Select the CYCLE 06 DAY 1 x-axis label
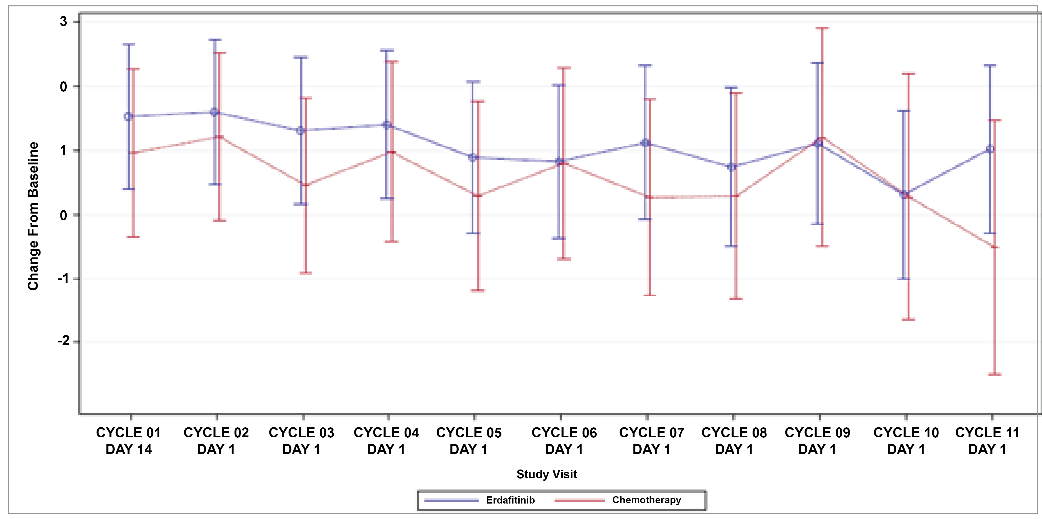click(x=564, y=441)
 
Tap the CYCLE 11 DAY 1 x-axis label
click(x=987, y=441)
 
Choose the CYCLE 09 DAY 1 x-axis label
click(x=817, y=441)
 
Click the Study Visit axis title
click(x=546, y=474)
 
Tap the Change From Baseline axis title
click(x=33, y=216)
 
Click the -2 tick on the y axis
click(x=64, y=341)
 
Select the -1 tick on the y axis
click(x=64, y=279)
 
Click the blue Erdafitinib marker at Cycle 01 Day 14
click(x=129, y=117)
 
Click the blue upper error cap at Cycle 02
click(x=215, y=40)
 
